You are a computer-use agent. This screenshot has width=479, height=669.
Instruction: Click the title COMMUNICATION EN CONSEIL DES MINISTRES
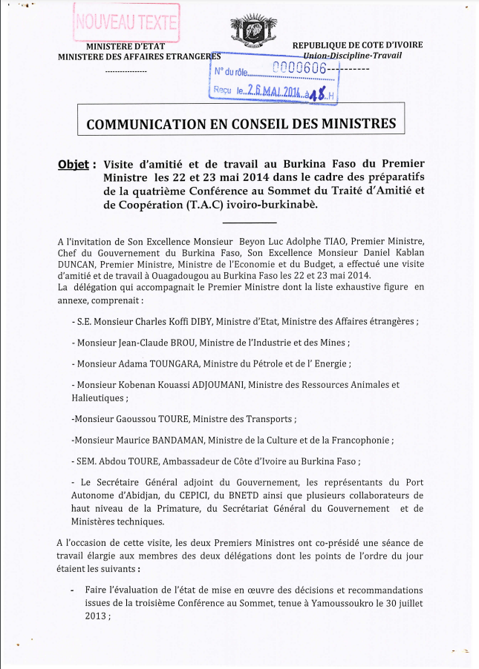coord(241,123)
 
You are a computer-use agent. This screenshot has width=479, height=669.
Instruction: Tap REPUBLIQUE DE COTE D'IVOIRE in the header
coord(358,45)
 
